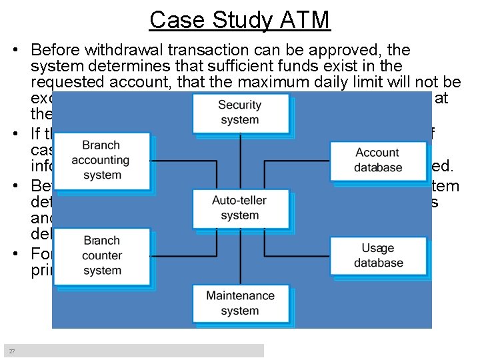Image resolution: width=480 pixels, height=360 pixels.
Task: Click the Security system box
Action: click(x=240, y=113)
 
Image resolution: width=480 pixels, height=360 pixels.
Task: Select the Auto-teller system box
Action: click(x=240, y=207)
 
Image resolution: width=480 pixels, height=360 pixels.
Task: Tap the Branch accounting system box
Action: click(x=101, y=160)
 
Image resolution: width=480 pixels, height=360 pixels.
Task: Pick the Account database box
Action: click(x=378, y=160)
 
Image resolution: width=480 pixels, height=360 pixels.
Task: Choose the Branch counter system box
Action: click(x=101, y=255)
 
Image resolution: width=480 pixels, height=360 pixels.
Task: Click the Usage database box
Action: click(x=378, y=255)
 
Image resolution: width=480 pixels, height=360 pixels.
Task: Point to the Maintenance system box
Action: click(x=240, y=303)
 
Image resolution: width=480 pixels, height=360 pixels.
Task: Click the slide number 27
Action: click(x=11, y=351)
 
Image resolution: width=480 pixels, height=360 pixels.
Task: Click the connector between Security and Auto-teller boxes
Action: click(x=240, y=161)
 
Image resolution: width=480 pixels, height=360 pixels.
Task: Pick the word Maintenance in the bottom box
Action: click(x=240, y=295)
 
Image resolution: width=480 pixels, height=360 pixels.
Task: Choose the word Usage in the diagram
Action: click(x=378, y=248)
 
